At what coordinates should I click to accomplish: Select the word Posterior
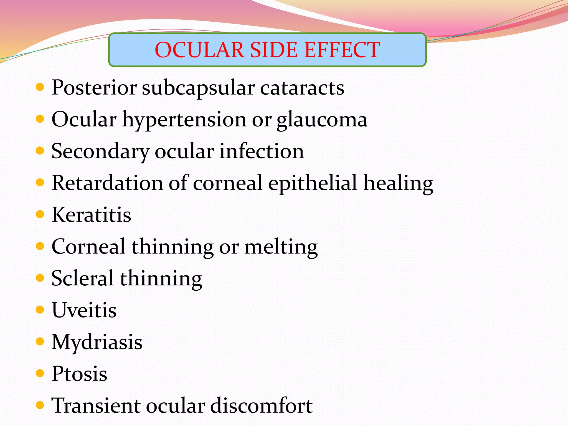click(x=94, y=88)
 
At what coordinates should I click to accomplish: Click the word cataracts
click(x=302, y=88)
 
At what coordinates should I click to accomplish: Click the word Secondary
click(x=100, y=151)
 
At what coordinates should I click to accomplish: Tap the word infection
click(x=262, y=151)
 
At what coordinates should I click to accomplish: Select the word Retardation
click(x=108, y=183)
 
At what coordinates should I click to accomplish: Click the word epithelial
click(x=313, y=183)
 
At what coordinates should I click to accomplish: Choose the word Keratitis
click(x=92, y=215)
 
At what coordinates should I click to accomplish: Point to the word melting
click(x=281, y=247)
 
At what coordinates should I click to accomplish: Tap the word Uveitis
click(x=84, y=310)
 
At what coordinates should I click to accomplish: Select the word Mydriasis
click(x=97, y=342)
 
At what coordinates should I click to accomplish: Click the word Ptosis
click(x=80, y=374)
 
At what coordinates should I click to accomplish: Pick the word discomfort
click(x=262, y=405)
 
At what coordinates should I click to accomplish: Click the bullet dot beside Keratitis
click(x=40, y=214)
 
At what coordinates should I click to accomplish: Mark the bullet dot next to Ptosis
click(x=40, y=373)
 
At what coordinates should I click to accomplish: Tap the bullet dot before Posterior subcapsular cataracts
click(x=40, y=87)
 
